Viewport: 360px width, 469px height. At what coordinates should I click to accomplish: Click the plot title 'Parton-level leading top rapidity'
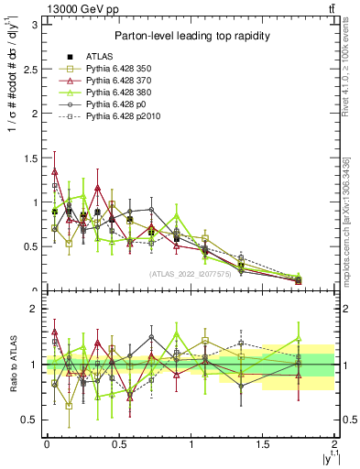190,36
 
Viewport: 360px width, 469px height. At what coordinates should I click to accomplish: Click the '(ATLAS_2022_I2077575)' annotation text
190,272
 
